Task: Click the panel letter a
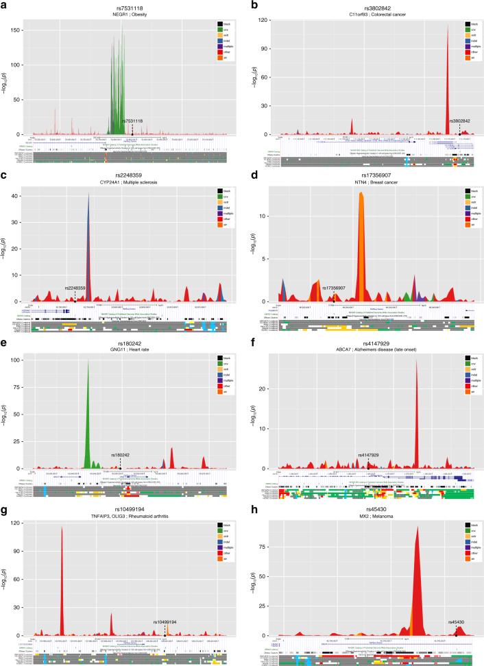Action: [4, 4]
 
